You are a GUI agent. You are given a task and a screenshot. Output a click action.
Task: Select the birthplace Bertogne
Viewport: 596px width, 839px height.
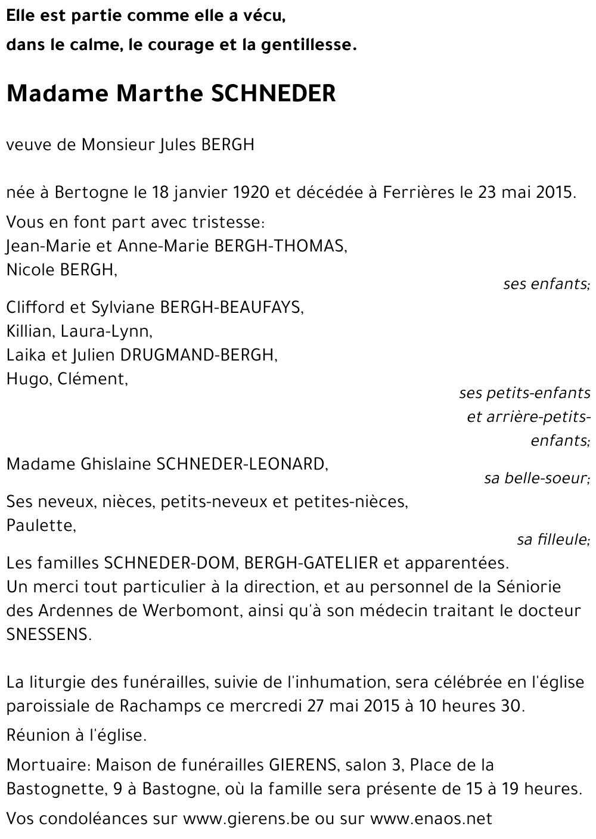click(91, 192)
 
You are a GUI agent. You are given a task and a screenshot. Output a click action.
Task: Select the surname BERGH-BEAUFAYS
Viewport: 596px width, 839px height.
click(231, 307)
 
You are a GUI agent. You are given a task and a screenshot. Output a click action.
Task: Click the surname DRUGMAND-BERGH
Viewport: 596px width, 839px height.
click(198, 355)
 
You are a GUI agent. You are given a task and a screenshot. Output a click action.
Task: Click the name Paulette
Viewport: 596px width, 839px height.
click(41, 526)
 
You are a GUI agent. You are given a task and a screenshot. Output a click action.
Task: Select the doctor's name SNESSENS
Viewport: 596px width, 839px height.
click(49, 635)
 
